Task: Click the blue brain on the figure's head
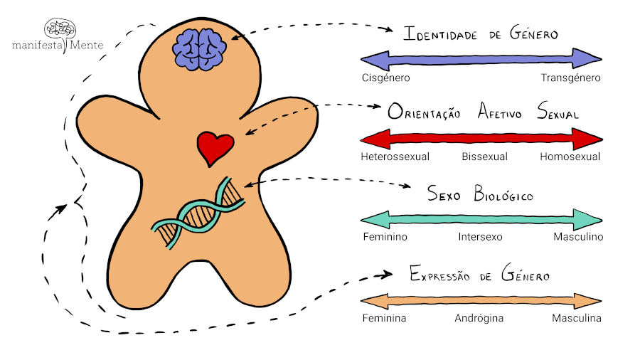pyautogui.click(x=200, y=48)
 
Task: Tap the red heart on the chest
pyautogui.click(x=215, y=147)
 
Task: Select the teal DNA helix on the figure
pyautogui.click(x=198, y=213)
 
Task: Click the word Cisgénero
pyautogui.click(x=385, y=78)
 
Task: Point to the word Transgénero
pyautogui.click(x=570, y=78)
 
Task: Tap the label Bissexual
pyautogui.click(x=484, y=157)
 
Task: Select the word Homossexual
pyautogui.click(x=570, y=157)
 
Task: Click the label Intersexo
pyautogui.click(x=480, y=237)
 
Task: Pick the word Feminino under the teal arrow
pyautogui.click(x=385, y=237)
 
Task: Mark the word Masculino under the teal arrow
pyautogui.click(x=577, y=237)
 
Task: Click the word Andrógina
pyautogui.click(x=479, y=318)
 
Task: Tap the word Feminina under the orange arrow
pyautogui.click(x=384, y=318)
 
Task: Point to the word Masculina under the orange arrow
pyautogui.click(x=577, y=318)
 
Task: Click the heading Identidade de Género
pyautogui.click(x=480, y=34)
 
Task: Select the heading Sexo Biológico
pyautogui.click(x=480, y=194)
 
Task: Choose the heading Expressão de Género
pyautogui.click(x=480, y=275)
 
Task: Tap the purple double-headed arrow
pyautogui.click(x=481, y=58)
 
